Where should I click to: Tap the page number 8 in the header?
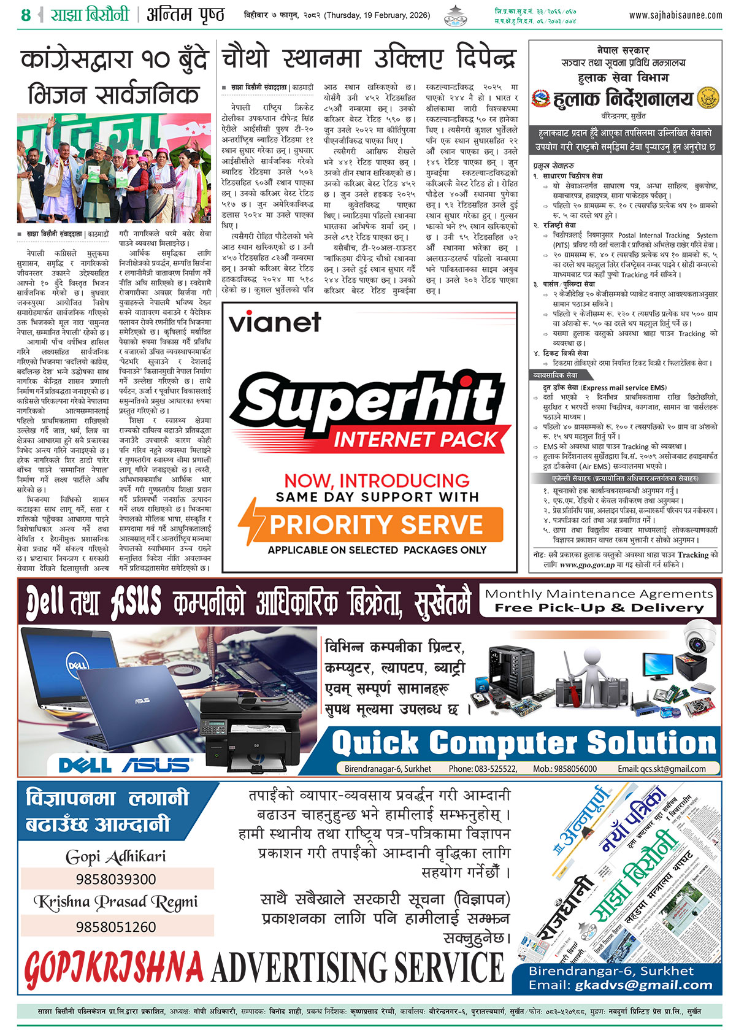pos(25,15)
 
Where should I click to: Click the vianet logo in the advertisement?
pos(275,321)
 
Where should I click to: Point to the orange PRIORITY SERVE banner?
pos(377,525)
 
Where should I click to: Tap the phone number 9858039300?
pos(116,879)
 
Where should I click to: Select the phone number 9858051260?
pos(116,926)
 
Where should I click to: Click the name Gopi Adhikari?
pos(116,856)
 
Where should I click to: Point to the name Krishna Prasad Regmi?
pos(116,902)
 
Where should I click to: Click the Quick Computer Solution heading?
pos(524,744)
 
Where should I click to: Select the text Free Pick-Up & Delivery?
pos(599,608)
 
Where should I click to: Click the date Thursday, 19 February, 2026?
pos(377,15)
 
